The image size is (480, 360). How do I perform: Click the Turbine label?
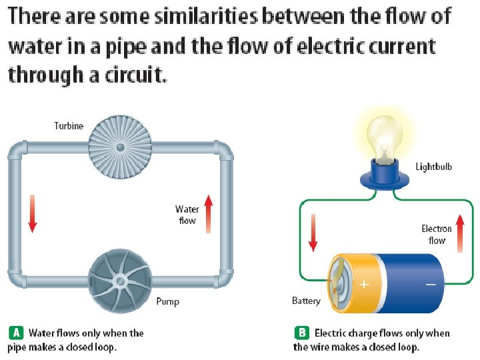(x=69, y=126)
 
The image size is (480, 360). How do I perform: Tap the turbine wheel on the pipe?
(x=121, y=146)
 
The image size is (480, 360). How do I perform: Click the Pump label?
(x=167, y=301)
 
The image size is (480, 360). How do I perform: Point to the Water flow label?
(x=187, y=215)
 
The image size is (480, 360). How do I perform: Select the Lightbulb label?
(x=434, y=166)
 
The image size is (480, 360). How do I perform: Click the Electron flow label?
(x=437, y=235)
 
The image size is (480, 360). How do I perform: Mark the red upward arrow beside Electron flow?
(x=459, y=233)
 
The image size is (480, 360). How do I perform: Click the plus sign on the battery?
(x=364, y=285)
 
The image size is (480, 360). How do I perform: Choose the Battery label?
(x=306, y=301)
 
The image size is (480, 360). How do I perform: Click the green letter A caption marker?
(x=16, y=333)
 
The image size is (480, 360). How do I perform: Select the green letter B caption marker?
(x=302, y=333)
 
